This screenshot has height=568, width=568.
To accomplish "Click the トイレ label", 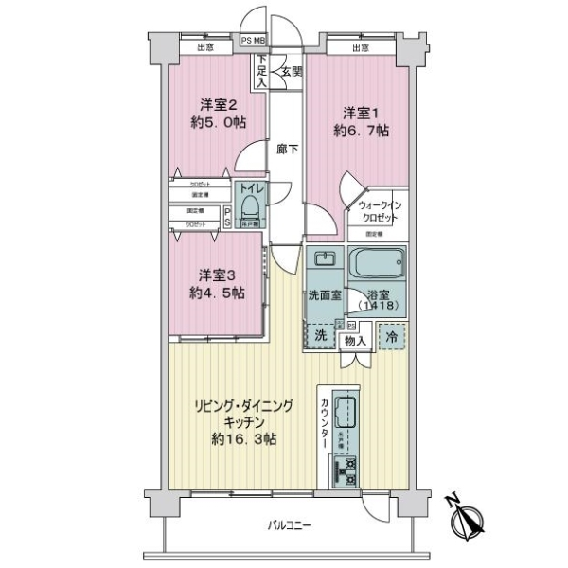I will click(249, 188).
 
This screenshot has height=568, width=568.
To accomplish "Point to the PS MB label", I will click(253, 40).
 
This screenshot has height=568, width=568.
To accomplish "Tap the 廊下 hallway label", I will click(287, 149).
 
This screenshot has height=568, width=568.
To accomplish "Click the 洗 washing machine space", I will click(320, 335).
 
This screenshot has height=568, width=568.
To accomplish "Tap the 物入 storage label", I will click(354, 340).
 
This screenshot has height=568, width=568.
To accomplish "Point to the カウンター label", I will click(326, 422).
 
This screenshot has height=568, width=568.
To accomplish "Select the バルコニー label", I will click(289, 527).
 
